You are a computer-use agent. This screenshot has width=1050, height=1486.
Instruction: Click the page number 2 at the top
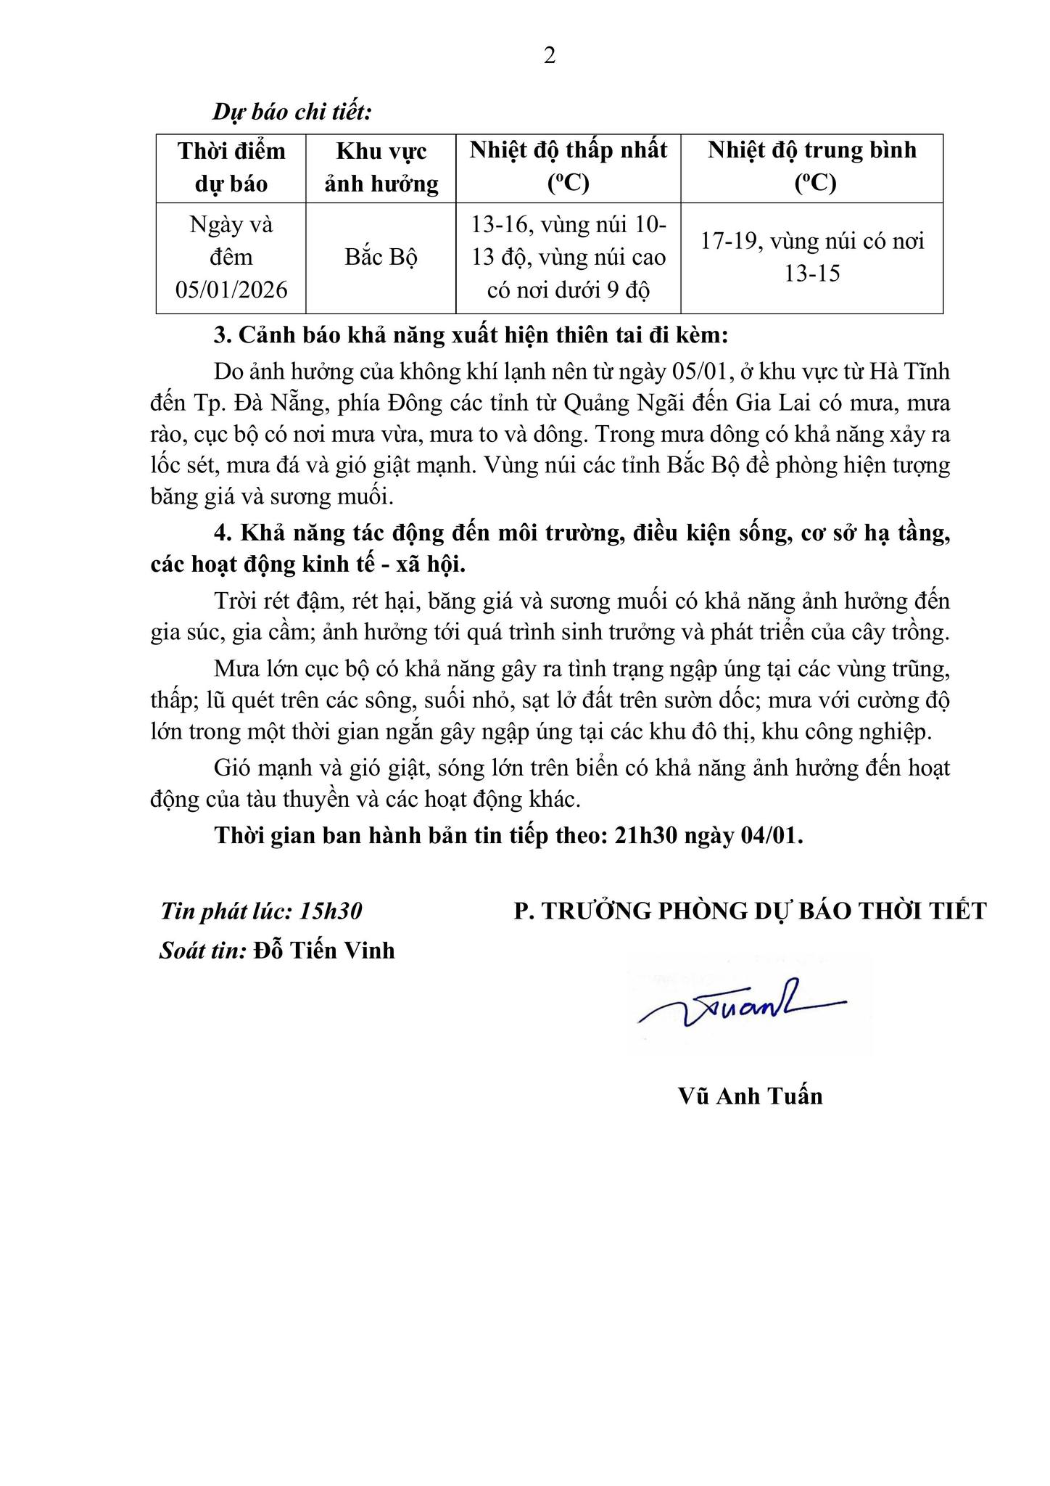coord(550,56)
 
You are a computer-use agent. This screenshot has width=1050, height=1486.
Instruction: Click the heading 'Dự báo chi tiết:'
coord(292,113)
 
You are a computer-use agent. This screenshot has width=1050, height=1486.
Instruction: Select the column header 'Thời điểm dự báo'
coord(231,168)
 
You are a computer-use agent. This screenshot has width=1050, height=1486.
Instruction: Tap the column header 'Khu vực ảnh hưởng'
coord(381,168)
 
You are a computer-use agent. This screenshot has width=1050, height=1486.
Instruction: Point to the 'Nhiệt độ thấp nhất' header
coord(568,166)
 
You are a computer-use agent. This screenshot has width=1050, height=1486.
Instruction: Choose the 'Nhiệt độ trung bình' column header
coord(811,166)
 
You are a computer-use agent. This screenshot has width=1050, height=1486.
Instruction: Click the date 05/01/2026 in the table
coord(231,290)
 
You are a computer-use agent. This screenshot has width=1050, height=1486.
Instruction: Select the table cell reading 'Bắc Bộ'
coord(381,258)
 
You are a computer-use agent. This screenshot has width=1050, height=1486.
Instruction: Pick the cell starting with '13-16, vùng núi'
coord(568,258)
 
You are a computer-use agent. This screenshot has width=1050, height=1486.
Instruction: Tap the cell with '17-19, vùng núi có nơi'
coord(811,257)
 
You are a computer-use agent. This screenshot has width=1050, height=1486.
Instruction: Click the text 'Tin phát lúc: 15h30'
coord(261,911)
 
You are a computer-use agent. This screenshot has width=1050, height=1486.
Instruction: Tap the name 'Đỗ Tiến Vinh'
coord(324,950)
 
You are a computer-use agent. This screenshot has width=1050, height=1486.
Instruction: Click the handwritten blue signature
coord(740,1006)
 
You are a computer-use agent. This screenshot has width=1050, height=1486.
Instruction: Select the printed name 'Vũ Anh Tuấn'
coord(751,1096)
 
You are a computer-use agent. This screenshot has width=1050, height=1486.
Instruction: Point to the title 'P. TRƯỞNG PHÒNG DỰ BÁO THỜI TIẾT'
coord(750,911)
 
